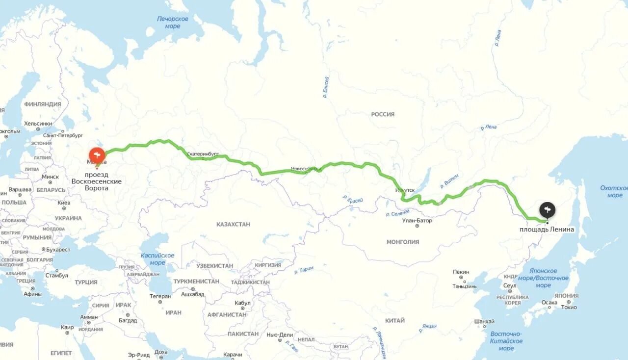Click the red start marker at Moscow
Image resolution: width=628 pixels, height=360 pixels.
point(97,155)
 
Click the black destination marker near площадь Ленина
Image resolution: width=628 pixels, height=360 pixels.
point(548,210)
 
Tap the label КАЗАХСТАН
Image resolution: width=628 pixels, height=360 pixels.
point(233,224)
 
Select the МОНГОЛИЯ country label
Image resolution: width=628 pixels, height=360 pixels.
point(403,242)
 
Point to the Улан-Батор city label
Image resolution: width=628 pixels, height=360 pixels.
point(417,220)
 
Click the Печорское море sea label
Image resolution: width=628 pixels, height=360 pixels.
point(173,23)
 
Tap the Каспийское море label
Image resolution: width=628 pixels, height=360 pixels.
point(157,259)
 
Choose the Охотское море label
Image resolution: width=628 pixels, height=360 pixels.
point(614,191)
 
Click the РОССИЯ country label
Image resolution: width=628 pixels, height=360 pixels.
point(383,114)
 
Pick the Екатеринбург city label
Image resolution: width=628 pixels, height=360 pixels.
point(203,154)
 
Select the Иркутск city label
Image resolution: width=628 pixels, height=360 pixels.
point(405,190)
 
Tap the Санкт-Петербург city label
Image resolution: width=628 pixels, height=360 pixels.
point(63,135)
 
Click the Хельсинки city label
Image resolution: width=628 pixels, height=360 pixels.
point(38,124)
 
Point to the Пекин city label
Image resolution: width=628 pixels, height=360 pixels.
point(461,272)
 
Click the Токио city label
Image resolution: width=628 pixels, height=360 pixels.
point(569,307)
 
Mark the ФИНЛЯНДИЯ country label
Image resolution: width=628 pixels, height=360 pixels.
point(43,104)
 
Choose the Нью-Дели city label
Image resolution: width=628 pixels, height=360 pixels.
point(280,334)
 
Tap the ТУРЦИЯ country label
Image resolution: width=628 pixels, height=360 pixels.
point(86,282)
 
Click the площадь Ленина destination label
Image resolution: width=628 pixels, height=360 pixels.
point(547,230)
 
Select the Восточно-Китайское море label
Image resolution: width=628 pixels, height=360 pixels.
point(506,341)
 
